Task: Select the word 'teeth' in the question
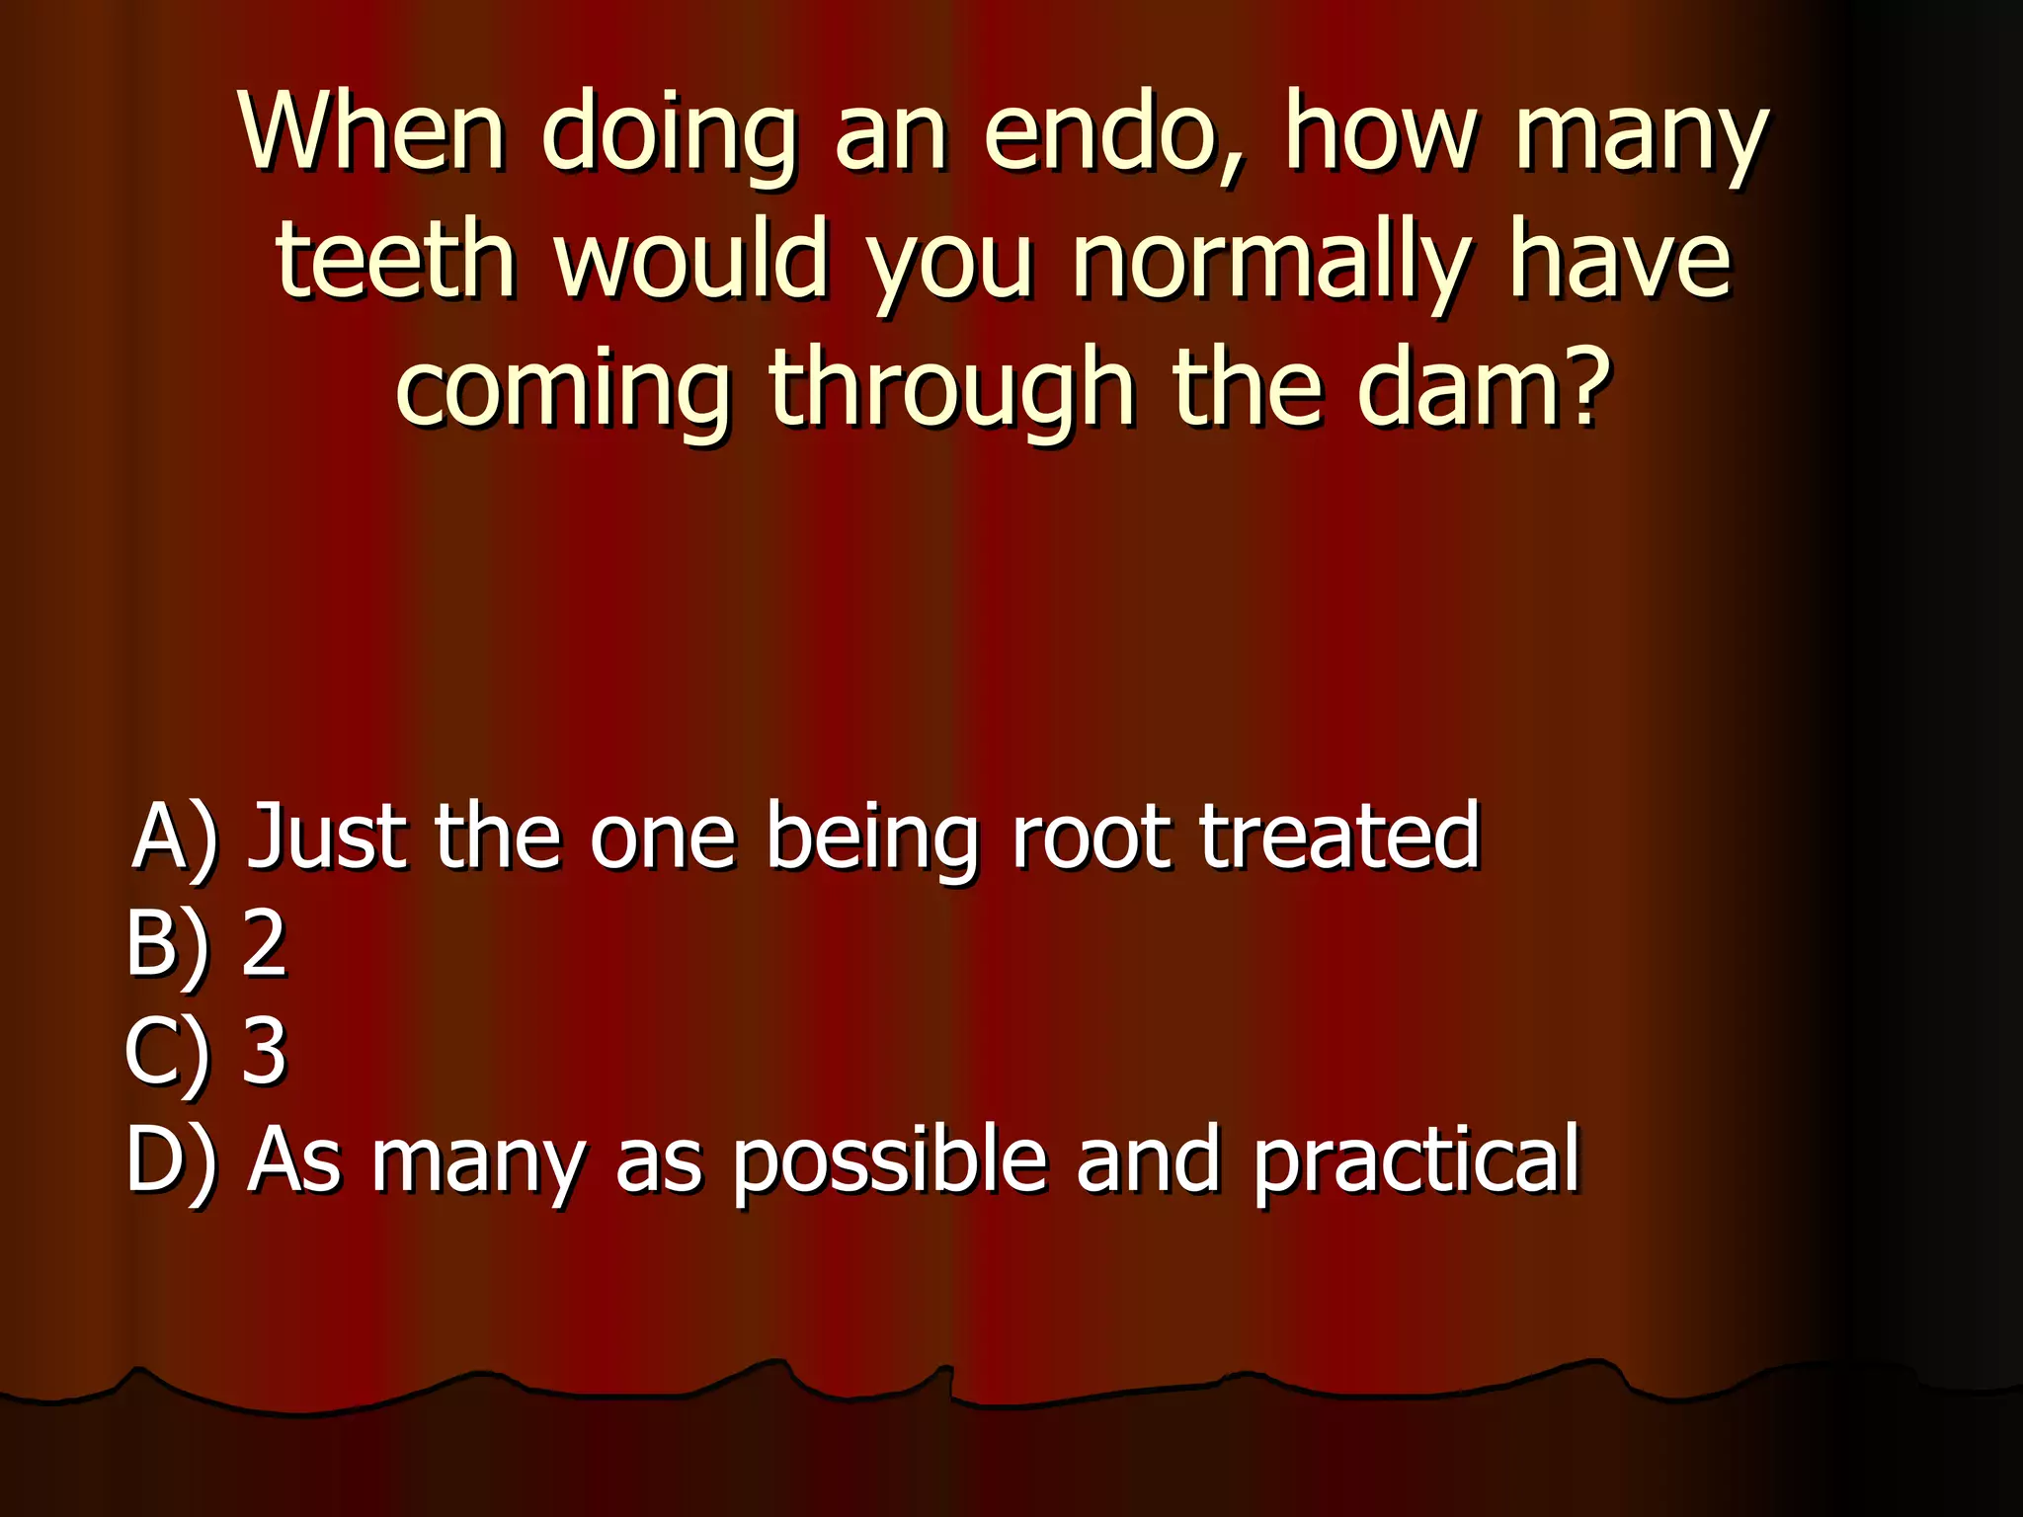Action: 395,259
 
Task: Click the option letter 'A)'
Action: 174,838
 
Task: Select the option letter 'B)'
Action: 168,944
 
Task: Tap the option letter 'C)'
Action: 168,1051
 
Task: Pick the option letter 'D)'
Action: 171,1160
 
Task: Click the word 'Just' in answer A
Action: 327,838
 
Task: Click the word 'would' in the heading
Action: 690,259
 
